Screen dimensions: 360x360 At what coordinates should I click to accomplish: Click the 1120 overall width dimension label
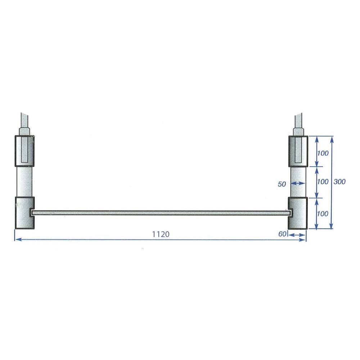pyautogui.click(x=161, y=234)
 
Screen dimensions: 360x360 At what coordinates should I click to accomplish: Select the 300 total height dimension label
pyautogui.click(x=339, y=181)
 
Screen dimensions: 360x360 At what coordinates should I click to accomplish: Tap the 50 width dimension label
pyautogui.click(x=282, y=184)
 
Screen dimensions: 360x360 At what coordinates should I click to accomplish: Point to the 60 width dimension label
pyautogui.click(x=282, y=234)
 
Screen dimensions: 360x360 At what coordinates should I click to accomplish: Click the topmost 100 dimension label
pyautogui.click(x=323, y=153)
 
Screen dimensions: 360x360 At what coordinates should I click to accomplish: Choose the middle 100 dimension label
pyautogui.click(x=323, y=181)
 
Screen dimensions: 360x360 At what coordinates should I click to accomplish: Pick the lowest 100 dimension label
pyautogui.click(x=323, y=214)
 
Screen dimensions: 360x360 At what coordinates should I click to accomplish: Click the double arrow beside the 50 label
pyautogui.click(x=298, y=184)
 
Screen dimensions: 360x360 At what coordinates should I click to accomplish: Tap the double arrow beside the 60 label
pyautogui.click(x=297, y=235)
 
